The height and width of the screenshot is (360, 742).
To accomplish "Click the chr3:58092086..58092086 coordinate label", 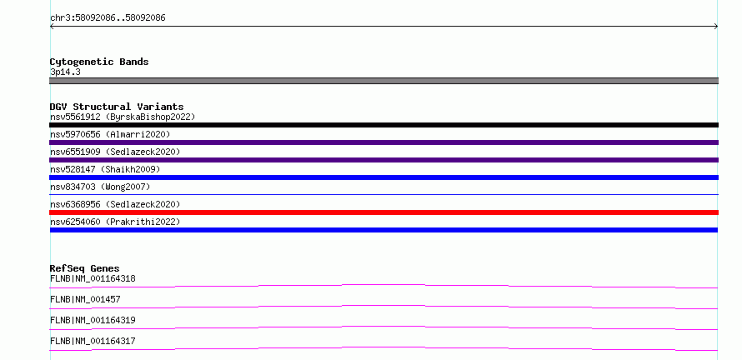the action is (x=108, y=18).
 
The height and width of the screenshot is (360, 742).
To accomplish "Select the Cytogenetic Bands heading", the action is (x=99, y=62).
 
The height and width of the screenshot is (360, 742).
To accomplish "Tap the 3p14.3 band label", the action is (x=65, y=72).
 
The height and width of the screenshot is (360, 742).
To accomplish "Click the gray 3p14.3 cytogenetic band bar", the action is (x=384, y=81).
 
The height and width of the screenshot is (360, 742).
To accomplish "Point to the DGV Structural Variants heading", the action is (x=117, y=107).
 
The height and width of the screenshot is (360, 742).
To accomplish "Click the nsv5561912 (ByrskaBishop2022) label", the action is (x=123, y=117).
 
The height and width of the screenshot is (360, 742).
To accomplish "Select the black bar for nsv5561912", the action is (x=384, y=125).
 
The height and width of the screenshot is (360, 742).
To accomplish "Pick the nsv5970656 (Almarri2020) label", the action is (x=110, y=134).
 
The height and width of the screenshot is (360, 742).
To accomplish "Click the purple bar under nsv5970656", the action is (x=384, y=142).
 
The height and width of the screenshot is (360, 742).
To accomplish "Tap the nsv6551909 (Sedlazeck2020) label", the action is (x=115, y=152).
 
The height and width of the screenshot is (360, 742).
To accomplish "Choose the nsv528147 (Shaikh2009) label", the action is (x=105, y=169).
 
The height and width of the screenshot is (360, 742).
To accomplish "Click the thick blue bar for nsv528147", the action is (x=384, y=177).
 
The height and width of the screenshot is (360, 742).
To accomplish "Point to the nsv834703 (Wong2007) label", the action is (x=100, y=187).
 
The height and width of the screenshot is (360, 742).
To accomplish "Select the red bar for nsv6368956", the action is (x=384, y=212).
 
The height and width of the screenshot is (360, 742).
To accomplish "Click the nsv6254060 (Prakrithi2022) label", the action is (x=115, y=222).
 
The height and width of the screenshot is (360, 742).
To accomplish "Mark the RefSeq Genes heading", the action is (x=85, y=268).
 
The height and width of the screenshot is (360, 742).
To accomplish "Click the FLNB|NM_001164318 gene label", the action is (x=93, y=278).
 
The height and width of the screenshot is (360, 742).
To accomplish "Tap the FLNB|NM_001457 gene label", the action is (x=85, y=299).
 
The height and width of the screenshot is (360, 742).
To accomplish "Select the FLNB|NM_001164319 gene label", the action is (x=93, y=320).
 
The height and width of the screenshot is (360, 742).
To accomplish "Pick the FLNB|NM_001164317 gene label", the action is (x=93, y=341).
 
